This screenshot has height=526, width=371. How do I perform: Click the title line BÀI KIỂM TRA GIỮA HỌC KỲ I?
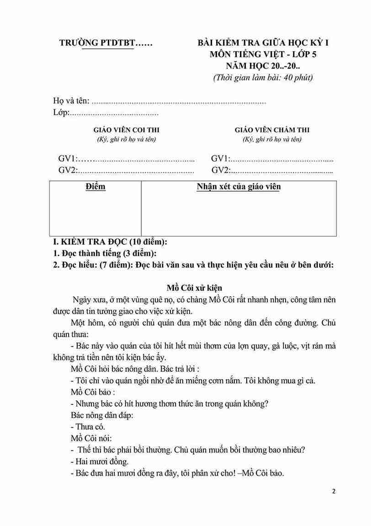click(x=263, y=43)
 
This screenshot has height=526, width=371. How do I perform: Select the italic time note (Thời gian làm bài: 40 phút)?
click(x=263, y=77)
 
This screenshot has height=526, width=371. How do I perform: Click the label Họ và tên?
click(x=71, y=101)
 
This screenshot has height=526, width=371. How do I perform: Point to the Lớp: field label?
click(x=61, y=113)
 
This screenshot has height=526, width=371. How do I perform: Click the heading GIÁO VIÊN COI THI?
click(x=127, y=130)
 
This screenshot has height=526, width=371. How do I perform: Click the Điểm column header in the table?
click(x=95, y=187)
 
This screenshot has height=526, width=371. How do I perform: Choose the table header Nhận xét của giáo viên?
click(x=238, y=187)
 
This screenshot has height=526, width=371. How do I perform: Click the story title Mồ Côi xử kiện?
click(x=194, y=288)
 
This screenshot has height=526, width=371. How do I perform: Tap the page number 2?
click(x=334, y=492)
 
